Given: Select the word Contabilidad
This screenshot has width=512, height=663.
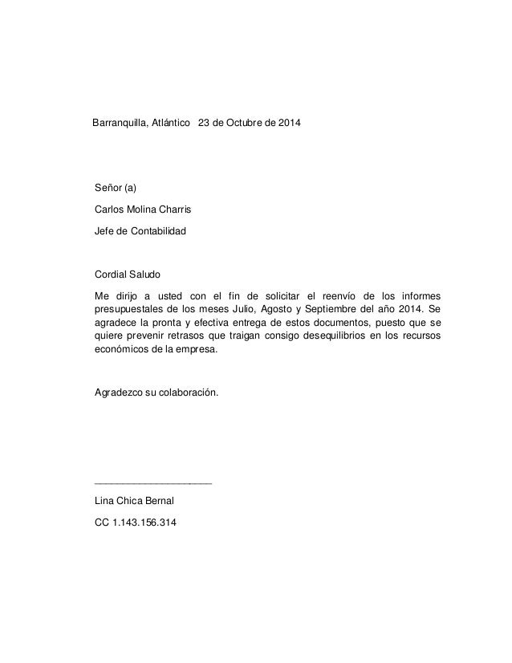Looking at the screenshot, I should click(157, 231).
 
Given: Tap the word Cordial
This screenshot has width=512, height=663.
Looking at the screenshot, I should click(112, 275).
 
